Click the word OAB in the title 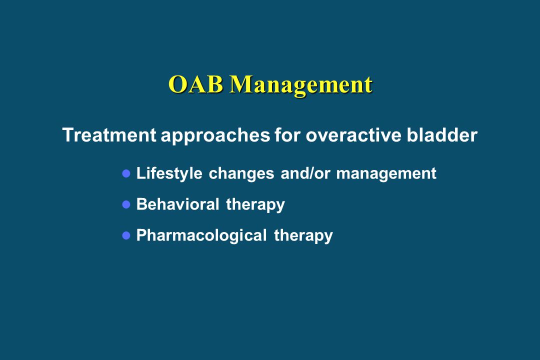195,84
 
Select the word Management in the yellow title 301,85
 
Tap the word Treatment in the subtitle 109,134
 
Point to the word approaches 215,135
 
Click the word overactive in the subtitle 353,134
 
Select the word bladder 442,134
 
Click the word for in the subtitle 287,134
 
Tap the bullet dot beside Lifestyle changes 126,173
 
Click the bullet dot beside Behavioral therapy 126,204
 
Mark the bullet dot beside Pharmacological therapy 126,235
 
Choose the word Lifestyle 169,173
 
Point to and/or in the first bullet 305,173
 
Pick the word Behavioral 177,204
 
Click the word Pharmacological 202,236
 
